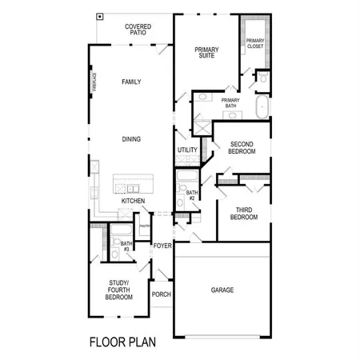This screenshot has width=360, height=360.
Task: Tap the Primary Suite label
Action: pyautogui.click(x=206, y=53)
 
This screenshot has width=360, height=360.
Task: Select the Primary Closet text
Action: pyautogui.click(x=255, y=43)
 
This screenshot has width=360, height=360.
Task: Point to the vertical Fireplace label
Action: pyautogui.click(x=93, y=82)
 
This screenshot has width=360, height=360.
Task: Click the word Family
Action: pyautogui.click(x=132, y=82)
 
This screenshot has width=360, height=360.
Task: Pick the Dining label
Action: pyautogui.click(x=132, y=139)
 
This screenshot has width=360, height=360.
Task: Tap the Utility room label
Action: pyautogui.click(x=186, y=150)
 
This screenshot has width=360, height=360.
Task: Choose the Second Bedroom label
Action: pyautogui.click(x=242, y=147)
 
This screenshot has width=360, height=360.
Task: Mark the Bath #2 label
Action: pyautogui.click(x=192, y=195)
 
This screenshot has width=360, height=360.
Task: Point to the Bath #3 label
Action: pyautogui.click(x=126, y=246)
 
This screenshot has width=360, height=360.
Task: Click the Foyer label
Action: pyautogui.click(x=162, y=246)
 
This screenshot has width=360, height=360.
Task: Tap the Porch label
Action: pyautogui.click(x=161, y=293)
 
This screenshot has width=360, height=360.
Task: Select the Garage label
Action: pyautogui.click(x=222, y=290)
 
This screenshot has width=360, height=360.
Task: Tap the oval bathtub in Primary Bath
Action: pyautogui.click(x=262, y=106)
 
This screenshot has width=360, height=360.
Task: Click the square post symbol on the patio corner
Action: pyautogui.click(x=99, y=16)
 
